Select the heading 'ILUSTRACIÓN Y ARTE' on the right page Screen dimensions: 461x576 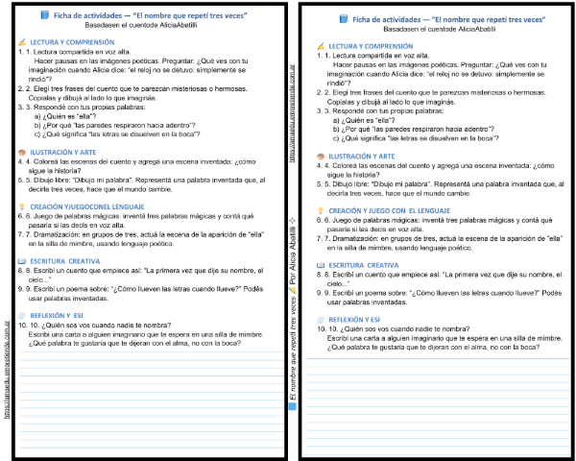[x=362, y=156]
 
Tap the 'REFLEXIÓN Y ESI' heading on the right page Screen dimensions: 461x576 [x=355, y=319]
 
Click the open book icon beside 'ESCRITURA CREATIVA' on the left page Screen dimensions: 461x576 [x=23, y=260]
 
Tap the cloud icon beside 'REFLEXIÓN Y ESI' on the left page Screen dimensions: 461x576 [x=23, y=313]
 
